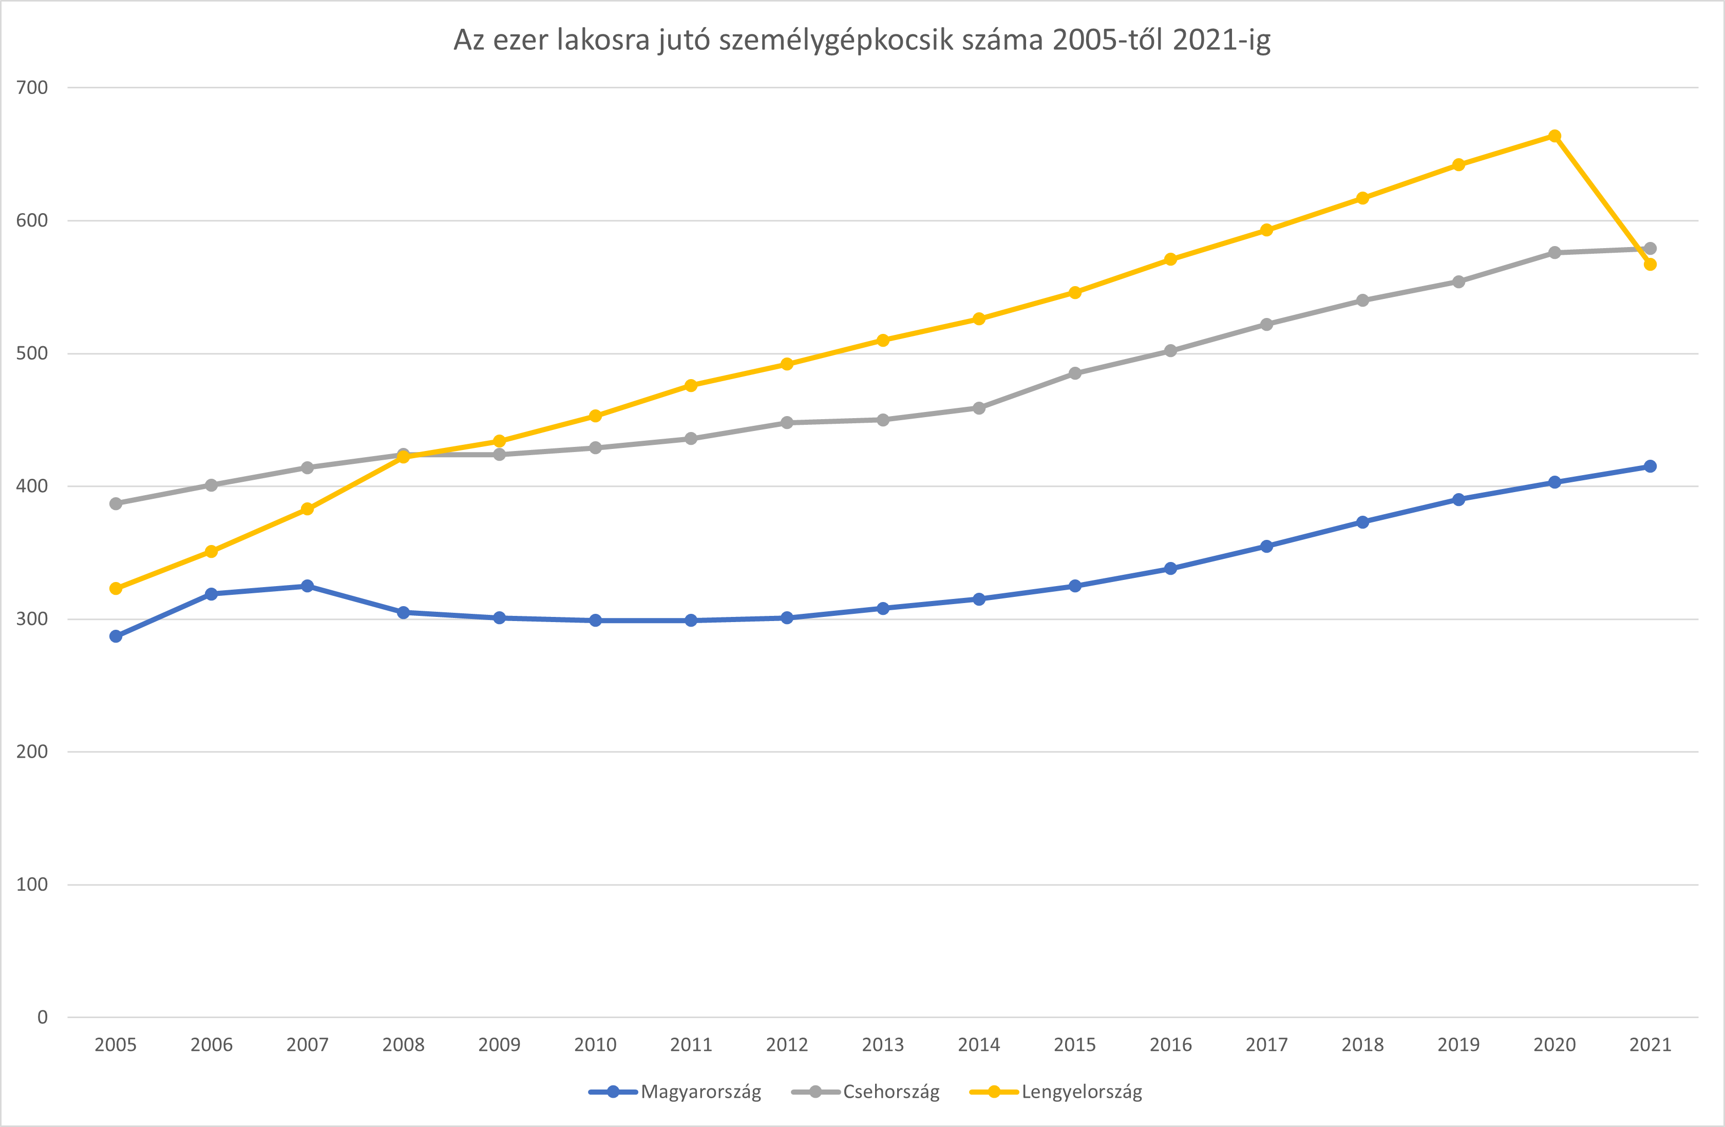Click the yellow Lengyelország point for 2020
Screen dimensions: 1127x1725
point(1554,136)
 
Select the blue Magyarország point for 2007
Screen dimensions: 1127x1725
point(307,586)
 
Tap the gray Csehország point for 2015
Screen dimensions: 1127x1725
point(1075,373)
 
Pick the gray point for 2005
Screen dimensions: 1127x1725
point(116,503)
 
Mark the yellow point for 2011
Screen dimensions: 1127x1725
point(691,386)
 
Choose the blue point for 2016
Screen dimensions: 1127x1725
point(1170,568)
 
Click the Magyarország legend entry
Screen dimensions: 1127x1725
point(700,1092)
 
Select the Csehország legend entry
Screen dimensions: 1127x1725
point(891,1092)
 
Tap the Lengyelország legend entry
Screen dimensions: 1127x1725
point(1082,1092)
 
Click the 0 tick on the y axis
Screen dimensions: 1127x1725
point(42,1017)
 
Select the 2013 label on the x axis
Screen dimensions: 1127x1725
point(883,1044)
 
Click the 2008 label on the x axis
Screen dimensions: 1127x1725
point(403,1044)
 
